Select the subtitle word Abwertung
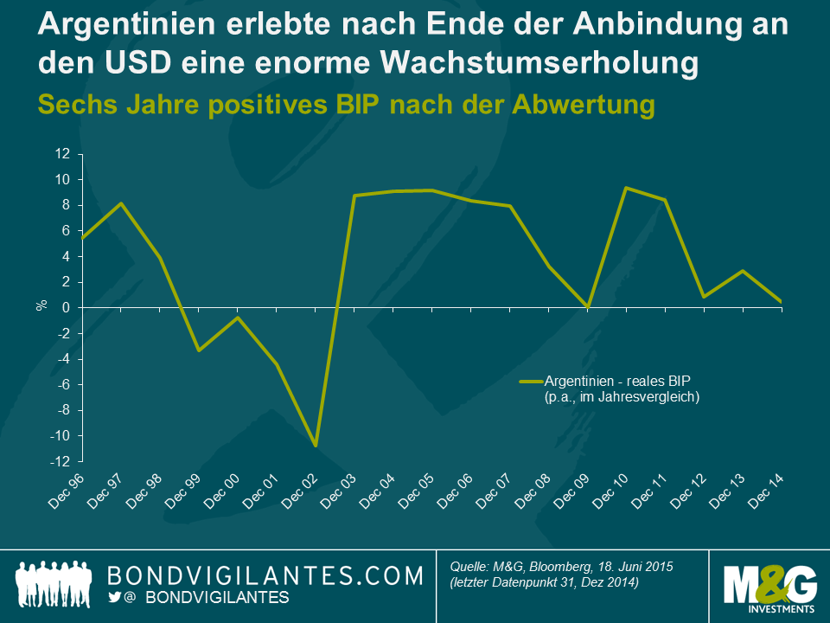pos(578,104)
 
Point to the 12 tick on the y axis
pos(62,154)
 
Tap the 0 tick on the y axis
pos(66,308)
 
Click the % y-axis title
pos(41,305)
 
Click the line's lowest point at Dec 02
pos(316,446)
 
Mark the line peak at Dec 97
pos(122,203)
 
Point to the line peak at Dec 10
pos(626,188)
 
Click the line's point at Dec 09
pos(588,306)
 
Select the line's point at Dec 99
pos(199,350)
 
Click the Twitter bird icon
pos(115,598)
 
